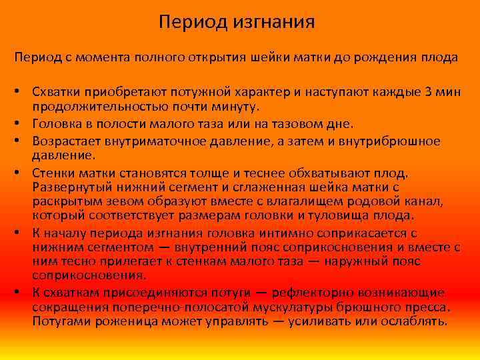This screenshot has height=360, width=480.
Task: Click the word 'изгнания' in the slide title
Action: [x=274, y=23]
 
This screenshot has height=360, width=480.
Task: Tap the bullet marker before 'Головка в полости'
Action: [x=21, y=123]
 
